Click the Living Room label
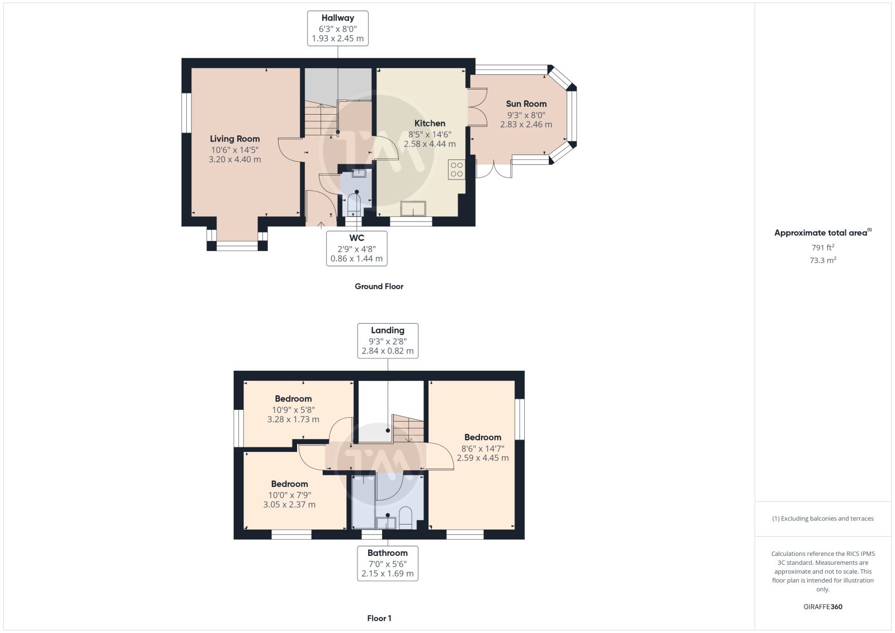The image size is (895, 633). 234,139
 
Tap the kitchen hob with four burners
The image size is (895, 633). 456,169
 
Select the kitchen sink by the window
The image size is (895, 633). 413,209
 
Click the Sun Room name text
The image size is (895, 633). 526,104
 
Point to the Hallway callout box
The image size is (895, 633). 338,29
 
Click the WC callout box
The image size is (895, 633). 357,248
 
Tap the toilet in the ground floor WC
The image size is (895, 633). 354,204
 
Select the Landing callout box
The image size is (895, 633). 388,341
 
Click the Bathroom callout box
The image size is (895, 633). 388,563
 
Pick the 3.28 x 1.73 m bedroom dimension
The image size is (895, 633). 293,419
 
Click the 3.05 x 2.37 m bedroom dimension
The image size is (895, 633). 289,504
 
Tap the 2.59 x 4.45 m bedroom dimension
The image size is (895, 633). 483,457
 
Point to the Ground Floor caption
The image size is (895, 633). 379,286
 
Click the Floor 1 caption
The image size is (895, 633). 379,618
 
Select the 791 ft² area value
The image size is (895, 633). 823,247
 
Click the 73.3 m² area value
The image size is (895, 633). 823,260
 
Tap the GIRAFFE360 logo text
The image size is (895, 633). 823,607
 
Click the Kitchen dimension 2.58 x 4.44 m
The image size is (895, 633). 430,144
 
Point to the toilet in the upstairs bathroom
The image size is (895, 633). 405,518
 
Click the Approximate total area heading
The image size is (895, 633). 823,233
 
